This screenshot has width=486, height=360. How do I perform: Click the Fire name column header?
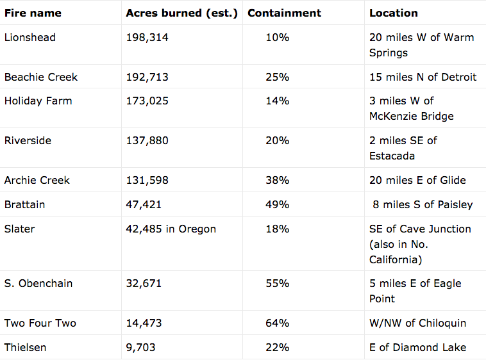pos(33,13)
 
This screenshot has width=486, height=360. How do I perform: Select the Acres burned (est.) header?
pos(181,13)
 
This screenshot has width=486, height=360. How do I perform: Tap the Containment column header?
pos(284,13)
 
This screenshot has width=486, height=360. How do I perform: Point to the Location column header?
pos(393,13)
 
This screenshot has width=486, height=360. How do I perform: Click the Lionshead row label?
pos(30,37)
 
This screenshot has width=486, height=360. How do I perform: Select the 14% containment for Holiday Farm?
pos(277,101)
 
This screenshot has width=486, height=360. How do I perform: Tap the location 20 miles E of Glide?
pos(417,180)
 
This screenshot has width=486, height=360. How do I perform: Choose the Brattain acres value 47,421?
pos(144,204)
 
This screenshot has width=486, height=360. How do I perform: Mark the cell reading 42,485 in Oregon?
pos(171,229)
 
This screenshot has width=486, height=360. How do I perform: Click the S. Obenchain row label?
pos(38,283)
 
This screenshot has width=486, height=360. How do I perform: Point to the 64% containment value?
pos(277,323)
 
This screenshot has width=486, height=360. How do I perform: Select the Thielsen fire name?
pos(25,347)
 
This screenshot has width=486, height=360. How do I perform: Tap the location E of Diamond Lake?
pos(417,347)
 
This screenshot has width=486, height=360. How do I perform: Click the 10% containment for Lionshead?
pos(277,37)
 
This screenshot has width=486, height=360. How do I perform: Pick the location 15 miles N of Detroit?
pos(423,77)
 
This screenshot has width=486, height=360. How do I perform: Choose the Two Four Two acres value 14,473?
pos(144,323)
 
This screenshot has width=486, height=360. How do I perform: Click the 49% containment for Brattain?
pos(277,204)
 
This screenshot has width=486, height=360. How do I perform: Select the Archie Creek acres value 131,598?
pos(147,180)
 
